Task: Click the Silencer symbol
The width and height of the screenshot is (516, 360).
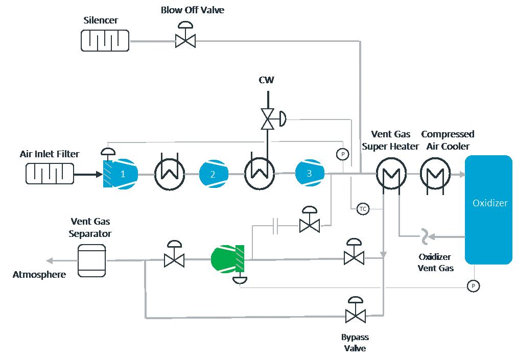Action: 105,40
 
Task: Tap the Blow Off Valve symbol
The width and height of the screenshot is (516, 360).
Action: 185,39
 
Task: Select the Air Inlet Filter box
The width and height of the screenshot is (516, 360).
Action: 49,174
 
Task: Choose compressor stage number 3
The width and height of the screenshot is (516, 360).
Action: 309,174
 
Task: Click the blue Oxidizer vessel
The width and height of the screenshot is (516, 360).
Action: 488,209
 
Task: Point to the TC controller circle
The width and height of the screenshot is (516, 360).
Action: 363,209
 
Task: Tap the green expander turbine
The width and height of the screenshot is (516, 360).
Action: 226,259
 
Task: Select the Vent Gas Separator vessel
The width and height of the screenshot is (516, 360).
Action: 91,259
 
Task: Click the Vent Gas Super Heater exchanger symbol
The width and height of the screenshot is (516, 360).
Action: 391,175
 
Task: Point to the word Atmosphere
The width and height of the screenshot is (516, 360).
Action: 39,275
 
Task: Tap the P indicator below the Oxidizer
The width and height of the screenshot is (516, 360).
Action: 473,285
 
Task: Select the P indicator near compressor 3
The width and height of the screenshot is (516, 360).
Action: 342,154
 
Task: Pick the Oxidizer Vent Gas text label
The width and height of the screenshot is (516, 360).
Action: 435,262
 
